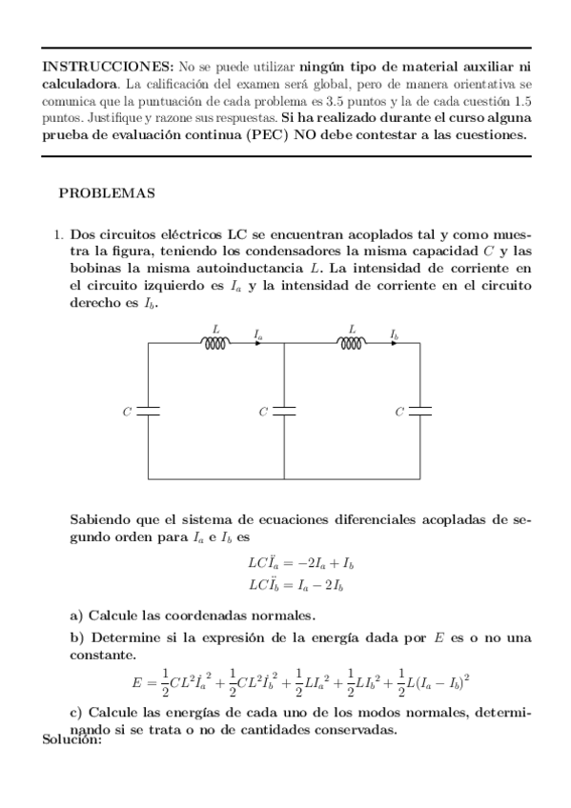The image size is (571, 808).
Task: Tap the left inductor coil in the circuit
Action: coord(215,343)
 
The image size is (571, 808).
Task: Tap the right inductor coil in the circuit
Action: coord(352,343)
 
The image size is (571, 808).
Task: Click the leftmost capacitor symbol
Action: coord(148,411)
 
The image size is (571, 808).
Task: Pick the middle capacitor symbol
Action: coord(284,411)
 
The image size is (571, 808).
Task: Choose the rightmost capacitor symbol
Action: coord(420,411)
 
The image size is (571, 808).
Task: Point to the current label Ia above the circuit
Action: coord(259,334)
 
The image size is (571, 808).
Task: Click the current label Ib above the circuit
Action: coord(395,334)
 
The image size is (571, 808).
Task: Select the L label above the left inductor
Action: coord(215,329)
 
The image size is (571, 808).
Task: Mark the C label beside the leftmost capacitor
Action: coord(127,412)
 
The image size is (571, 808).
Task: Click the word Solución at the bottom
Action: coord(72,739)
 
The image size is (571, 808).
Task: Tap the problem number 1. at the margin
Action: coord(57,234)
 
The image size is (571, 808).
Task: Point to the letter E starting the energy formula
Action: coord(137,682)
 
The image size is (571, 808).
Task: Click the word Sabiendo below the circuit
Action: coord(105,519)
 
